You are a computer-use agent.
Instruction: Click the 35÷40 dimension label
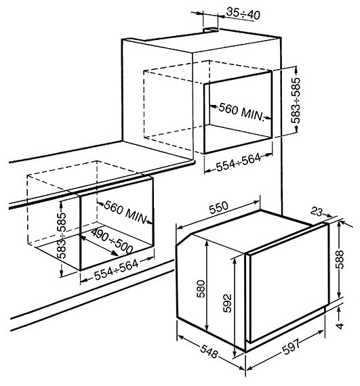point(243,13)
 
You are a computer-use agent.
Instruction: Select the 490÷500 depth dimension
point(112,241)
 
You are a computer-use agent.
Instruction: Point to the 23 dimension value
point(316,211)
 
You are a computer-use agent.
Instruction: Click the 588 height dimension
point(340,259)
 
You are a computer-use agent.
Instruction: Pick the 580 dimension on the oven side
point(201,288)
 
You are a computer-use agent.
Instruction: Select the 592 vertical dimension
point(227,303)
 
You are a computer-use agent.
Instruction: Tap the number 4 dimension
point(340,326)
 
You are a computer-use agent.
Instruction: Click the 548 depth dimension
point(209,351)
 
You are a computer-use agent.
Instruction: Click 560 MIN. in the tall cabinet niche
point(241,112)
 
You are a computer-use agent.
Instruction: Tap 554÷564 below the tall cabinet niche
point(238,162)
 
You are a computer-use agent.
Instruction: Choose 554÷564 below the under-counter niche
point(117,270)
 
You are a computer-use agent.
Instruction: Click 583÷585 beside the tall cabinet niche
point(296,100)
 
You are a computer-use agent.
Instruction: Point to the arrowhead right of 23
point(329,215)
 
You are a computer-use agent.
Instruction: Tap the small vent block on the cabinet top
point(211,30)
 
